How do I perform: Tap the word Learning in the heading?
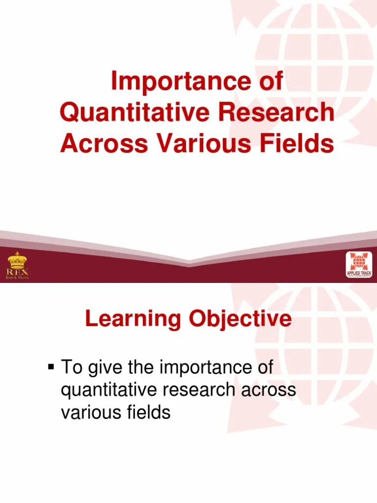pyautogui.click(x=130, y=320)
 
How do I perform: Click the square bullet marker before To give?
pyautogui.click(x=51, y=366)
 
